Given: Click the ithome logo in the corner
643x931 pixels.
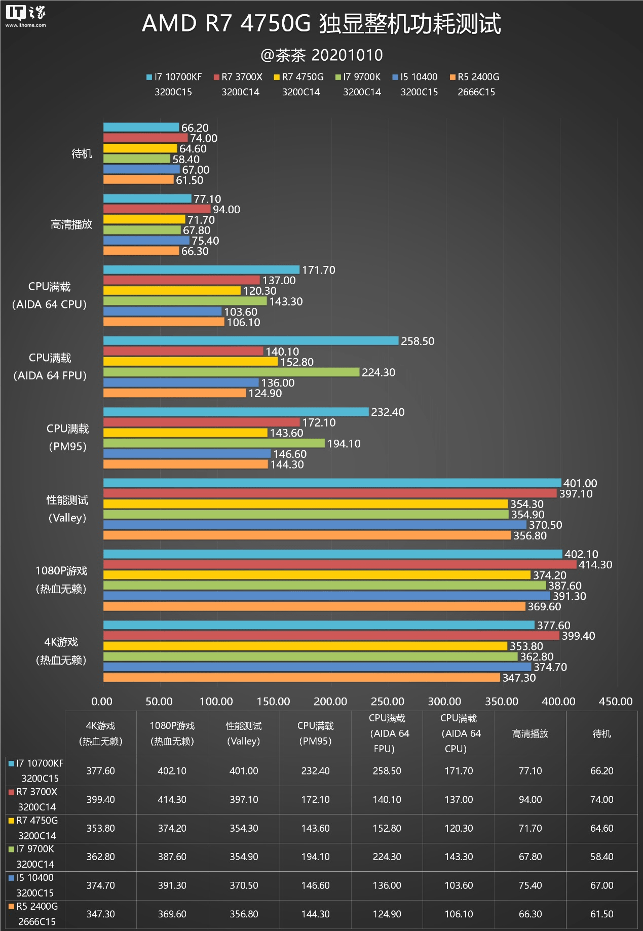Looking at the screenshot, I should coord(25,16).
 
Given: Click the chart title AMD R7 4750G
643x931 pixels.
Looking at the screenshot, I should coord(321,24).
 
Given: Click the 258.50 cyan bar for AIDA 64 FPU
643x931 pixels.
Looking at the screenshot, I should coord(251,341).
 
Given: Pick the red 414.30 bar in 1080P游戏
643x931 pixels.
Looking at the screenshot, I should coord(339,564).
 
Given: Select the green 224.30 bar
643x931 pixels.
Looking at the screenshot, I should coord(231,372).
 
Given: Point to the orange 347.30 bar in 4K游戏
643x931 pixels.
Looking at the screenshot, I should coord(301,678).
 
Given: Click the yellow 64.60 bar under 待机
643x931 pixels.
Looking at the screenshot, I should coord(140,148).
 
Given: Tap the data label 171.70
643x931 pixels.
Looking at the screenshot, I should coord(319,270).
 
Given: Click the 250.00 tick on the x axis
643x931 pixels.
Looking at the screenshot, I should coord(387,702).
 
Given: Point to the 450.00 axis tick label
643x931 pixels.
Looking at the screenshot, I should coord(615,702).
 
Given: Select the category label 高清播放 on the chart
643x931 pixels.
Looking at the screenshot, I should coord(71,224).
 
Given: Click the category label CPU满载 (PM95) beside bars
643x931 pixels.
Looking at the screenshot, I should coord(67,438).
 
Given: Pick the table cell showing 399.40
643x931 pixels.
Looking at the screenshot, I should coord(100,800).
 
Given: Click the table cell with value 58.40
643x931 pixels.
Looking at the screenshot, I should coord(601,857).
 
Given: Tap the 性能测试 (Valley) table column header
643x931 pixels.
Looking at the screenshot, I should coord(244,733).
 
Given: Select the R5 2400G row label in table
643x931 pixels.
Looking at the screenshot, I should coord(34,914).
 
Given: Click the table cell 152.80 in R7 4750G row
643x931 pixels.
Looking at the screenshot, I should coord(387,829).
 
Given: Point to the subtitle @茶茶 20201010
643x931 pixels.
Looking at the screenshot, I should coord(321,55).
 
